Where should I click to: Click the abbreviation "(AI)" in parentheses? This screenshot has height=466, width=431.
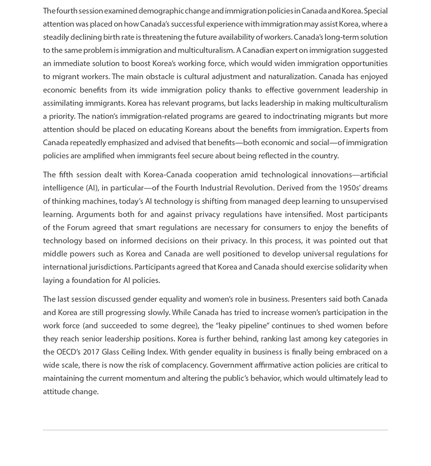coord(92,188)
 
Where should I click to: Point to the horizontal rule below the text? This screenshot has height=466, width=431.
coord(215,430)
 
